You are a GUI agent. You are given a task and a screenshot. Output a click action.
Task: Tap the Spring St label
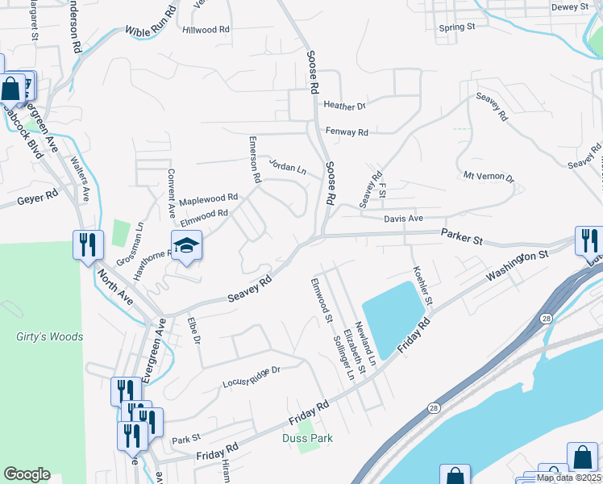[x=457, y=27]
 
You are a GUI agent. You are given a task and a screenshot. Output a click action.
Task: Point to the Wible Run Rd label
[x=151, y=23]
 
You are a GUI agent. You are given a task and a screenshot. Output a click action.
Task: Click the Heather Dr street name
[x=344, y=106]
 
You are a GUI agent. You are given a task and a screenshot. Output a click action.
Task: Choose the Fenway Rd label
[x=347, y=131]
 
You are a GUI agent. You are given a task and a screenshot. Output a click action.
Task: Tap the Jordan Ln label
[x=288, y=169]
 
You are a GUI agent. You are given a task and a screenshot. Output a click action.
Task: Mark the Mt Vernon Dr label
[x=489, y=176]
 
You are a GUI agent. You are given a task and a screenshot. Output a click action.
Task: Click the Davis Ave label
[x=403, y=218]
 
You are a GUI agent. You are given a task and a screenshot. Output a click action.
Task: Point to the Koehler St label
[x=423, y=285]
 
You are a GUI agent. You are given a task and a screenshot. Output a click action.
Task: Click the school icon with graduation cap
[x=185, y=245]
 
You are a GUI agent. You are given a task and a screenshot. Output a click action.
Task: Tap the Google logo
[x=27, y=474]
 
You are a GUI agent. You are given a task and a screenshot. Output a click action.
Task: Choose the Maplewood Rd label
[x=208, y=198]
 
